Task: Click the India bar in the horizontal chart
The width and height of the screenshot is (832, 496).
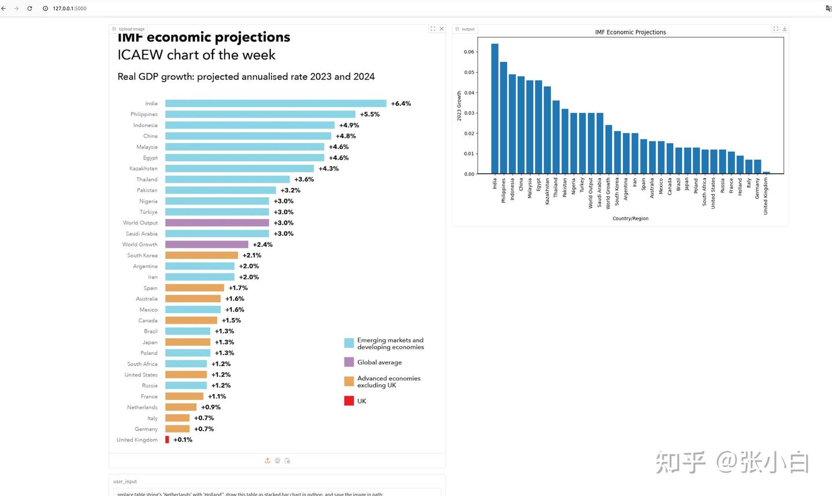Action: coord(276,103)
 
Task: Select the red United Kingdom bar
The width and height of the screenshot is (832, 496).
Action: coord(167,440)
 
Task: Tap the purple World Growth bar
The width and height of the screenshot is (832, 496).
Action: coord(206,245)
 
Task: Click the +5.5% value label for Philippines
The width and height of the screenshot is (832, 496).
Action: coord(370,114)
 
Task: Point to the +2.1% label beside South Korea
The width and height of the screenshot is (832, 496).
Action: coord(252,256)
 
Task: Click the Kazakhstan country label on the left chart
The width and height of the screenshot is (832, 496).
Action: coord(143,169)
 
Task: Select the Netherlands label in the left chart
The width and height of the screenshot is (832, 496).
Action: coord(142,408)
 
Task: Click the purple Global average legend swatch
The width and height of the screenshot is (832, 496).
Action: coord(349,362)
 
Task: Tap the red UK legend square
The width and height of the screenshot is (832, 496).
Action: coord(349,401)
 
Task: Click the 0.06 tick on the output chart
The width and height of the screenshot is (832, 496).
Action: coord(469,52)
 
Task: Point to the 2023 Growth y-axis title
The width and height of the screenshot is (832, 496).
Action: coord(459,105)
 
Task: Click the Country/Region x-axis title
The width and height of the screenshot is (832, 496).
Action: coord(630,219)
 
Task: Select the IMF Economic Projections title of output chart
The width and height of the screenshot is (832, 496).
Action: coord(630,32)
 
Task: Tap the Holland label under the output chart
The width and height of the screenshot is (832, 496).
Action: coord(740,186)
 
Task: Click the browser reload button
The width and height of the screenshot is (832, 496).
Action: coord(29,9)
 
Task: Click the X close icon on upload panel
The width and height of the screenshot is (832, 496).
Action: coord(442,29)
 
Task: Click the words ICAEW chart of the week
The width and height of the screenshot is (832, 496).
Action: coord(196,55)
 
